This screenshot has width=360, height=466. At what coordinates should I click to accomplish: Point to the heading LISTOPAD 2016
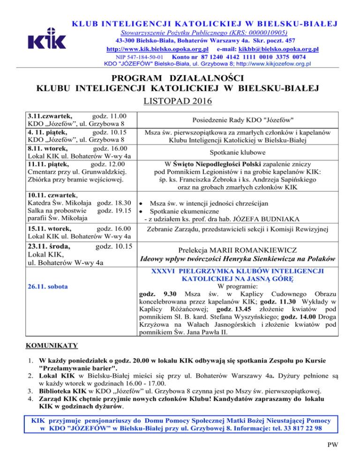[180, 100]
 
